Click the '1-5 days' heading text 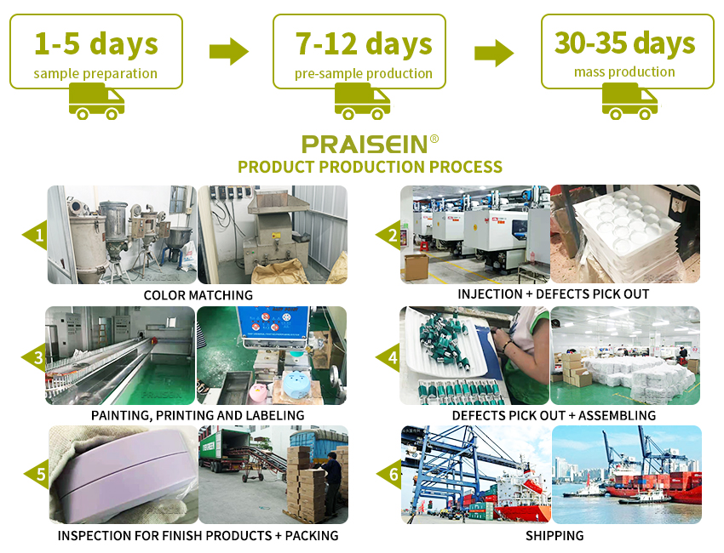pos(96,44)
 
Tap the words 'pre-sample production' pos(364,74)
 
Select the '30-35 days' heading pos(624,43)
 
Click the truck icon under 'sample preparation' pos(96,101)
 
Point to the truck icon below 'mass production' pos(629,101)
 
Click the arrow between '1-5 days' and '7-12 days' pos(229,51)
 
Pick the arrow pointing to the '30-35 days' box pos(494,53)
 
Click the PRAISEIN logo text pos(365,145)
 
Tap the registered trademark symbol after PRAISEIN pos(434,139)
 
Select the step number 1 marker pos(36,235)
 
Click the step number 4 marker pos(388,357)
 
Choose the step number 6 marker pos(390,474)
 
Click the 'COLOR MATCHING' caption pos(198,295)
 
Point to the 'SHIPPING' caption pos(554,535)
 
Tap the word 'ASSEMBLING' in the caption pos(617,415)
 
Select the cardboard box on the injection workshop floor pos(416,266)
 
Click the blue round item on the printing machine pos(296,385)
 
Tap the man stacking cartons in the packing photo pos(331,483)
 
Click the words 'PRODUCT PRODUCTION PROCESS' pos(370,167)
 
